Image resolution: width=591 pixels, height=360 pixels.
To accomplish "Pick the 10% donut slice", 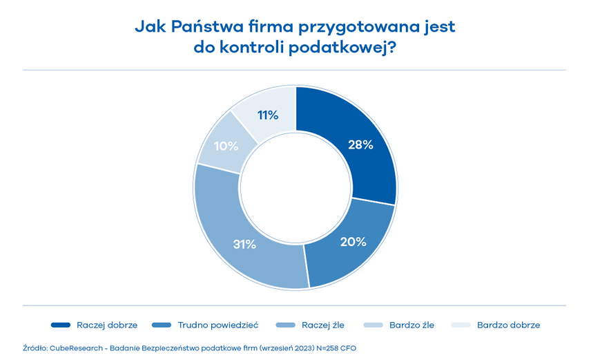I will tap(226, 146).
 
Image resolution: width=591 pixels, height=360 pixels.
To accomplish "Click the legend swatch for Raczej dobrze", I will tap(61, 325).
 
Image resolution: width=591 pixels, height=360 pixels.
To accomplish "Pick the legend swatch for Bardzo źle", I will tap(372, 325).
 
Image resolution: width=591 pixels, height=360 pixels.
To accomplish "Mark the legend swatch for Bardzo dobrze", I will tap(461, 325).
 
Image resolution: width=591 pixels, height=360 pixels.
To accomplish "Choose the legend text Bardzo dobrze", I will tap(509, 325).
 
